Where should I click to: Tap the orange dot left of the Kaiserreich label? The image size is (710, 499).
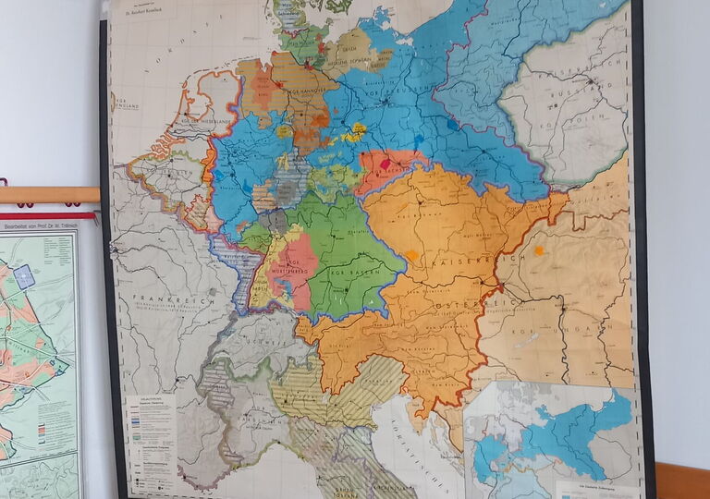[412, 255]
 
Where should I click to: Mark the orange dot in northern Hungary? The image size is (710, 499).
[538, 249]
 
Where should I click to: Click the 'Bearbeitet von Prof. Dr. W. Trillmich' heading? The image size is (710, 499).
[42, 225]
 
